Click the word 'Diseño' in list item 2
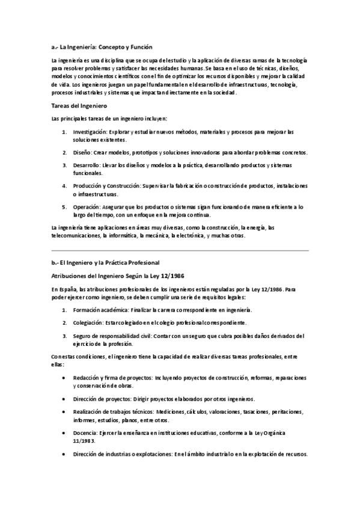pyautogui.click(x=82, y=153)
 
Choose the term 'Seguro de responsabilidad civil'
pyautogui.click(x=111, y=336)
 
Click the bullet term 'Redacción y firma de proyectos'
pyautogui.click(x=112, y=378)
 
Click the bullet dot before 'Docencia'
pyautogui.click(x=64, y=433)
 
